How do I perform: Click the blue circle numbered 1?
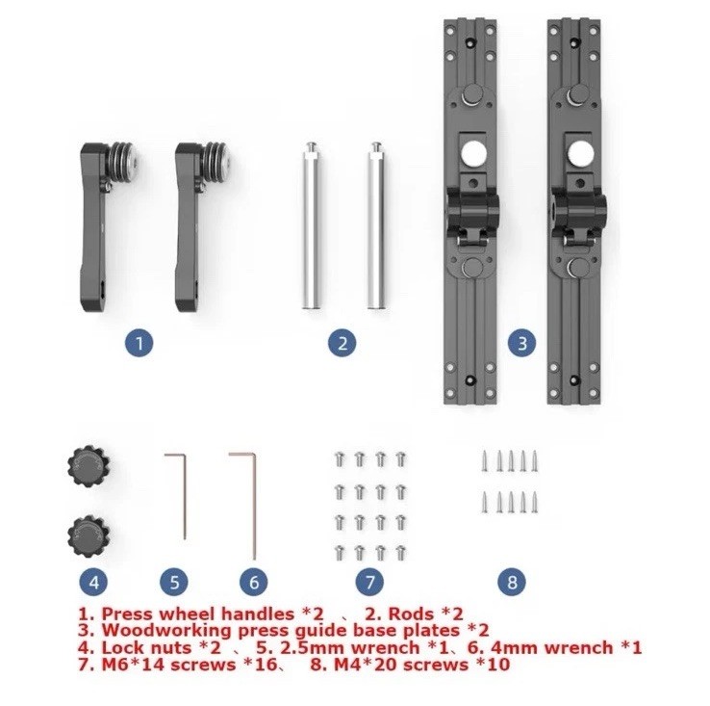click(140, 341)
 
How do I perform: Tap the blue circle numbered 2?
click(343, 341)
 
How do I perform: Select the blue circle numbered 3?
click(521, 341)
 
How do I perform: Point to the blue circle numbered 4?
click(93, 581)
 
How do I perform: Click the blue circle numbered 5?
click(173, 581)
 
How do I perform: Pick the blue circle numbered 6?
click(253, 581)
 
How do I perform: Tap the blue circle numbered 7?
click(369, 581)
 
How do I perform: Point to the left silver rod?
click(311, 225)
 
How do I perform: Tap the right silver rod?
click(375, 225)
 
